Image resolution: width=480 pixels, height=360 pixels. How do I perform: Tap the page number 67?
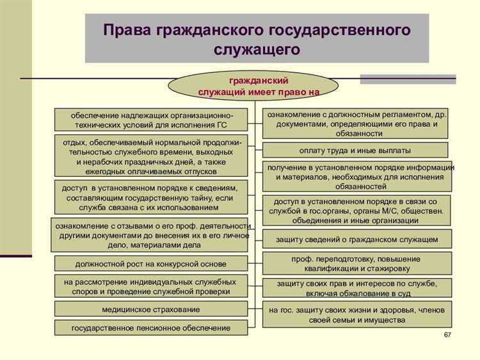[447, 336]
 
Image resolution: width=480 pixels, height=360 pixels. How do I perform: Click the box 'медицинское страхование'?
[150, 309]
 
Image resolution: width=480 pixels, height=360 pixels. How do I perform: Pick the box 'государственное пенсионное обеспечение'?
[150, 328]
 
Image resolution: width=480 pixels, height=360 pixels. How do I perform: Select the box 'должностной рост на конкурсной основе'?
[150, 263]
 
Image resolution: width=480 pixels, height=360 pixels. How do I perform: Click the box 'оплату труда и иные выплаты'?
[356, 151]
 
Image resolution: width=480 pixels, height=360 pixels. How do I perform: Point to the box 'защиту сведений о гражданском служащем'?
[356, 239]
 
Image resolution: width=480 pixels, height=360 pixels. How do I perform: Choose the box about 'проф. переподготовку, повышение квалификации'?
[356, 263]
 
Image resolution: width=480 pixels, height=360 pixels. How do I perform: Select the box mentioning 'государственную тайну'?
[150, 198]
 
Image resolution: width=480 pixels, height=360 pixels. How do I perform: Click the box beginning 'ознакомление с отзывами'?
[152, 235]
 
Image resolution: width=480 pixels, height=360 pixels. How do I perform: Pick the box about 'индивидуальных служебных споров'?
[150, 286]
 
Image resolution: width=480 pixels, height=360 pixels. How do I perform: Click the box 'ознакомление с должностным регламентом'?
[356, 124]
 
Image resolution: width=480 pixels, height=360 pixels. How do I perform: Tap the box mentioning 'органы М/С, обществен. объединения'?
[356, 211]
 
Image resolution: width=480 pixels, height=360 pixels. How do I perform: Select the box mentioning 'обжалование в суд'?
[356, 288]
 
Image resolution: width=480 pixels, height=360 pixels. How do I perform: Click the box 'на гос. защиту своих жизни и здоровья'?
[356, 315]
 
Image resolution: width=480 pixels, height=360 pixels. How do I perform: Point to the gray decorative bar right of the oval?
[408, 79]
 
